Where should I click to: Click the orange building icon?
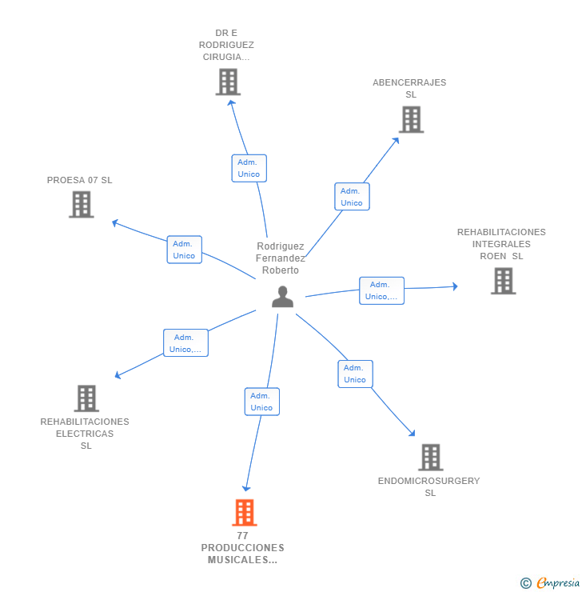click(x=245, y=512)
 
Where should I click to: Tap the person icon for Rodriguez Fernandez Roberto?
click(x=282, y=297)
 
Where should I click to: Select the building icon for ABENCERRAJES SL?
click(x=411, y=120)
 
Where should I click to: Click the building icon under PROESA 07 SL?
click(x=81, y=205)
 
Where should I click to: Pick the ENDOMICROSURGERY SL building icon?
click(x=430, y=458)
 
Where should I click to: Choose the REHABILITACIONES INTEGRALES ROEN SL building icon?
click(x=503, y=281)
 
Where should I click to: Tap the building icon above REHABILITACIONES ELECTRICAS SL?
click(x=86, y=398)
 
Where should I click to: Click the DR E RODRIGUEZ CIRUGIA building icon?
click(x=228, y=82)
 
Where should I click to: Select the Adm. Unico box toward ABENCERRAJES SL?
click(x=352, y=197)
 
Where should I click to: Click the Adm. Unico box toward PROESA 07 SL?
click(x=185, y=250)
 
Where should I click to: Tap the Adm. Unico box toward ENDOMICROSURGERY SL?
click(x=355, y=374)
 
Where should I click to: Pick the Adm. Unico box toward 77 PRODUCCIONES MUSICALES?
click(x=262, y=402)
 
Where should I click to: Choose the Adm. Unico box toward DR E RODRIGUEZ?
click(x=249, y=168)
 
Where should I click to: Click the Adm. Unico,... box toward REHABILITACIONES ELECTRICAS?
click(x=185, y=343)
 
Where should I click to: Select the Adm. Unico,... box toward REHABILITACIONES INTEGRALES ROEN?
click(x=381, y=290)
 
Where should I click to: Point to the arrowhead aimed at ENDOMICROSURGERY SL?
click(x=413, y=434)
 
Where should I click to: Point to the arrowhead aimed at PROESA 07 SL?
click(x=115, y=223)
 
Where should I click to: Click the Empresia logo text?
click(x=558, y=583)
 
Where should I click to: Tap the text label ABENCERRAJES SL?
click(x=409, y=88)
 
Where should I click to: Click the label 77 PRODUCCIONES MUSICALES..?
click(x=242, y=548)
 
